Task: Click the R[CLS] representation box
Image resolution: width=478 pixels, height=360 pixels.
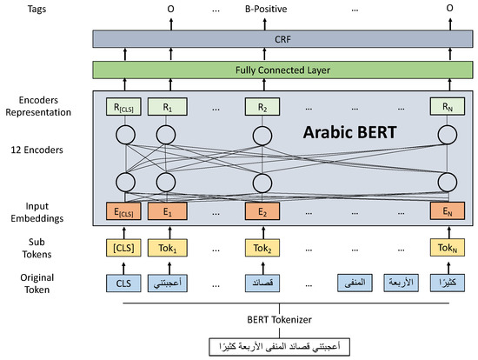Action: tap(125, 109)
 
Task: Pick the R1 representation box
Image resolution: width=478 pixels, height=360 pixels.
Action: tap(165, 109)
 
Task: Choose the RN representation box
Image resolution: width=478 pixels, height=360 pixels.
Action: tap(448, 109)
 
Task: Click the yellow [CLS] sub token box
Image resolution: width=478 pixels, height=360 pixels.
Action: tap(125, 247)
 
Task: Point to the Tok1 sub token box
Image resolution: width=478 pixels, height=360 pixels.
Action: tap(165, 247)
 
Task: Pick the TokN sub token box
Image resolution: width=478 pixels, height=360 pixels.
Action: tap(448, 247)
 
